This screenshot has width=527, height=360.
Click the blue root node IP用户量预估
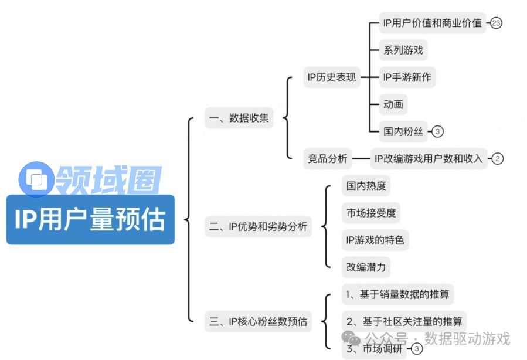(x=90, y=220)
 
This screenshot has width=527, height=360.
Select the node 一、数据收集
(x=239, y=118)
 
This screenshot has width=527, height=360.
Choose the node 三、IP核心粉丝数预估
(x=258, y=321)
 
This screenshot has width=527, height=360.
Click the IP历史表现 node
(x=332, y=77)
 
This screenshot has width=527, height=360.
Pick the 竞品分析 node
(x=328, y=158)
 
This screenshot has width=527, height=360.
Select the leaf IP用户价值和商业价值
(x=432, y=23)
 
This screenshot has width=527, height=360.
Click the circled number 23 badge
(x=497, y=23)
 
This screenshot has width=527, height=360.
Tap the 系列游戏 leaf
(x=403, y=50)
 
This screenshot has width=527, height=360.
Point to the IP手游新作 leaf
(x=409, y=77)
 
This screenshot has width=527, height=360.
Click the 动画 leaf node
(x=393, y=104)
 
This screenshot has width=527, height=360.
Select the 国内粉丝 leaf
(x=403, y=131)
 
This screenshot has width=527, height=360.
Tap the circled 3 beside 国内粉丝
(x=437, y=132)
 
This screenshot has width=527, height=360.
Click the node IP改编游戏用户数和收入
(x=429, y=158)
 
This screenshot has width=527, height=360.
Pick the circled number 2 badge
(x=498, y=158)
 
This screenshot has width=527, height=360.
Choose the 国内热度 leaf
(x=366, y=186)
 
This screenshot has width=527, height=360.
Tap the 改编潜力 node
(x=366, y=267)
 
